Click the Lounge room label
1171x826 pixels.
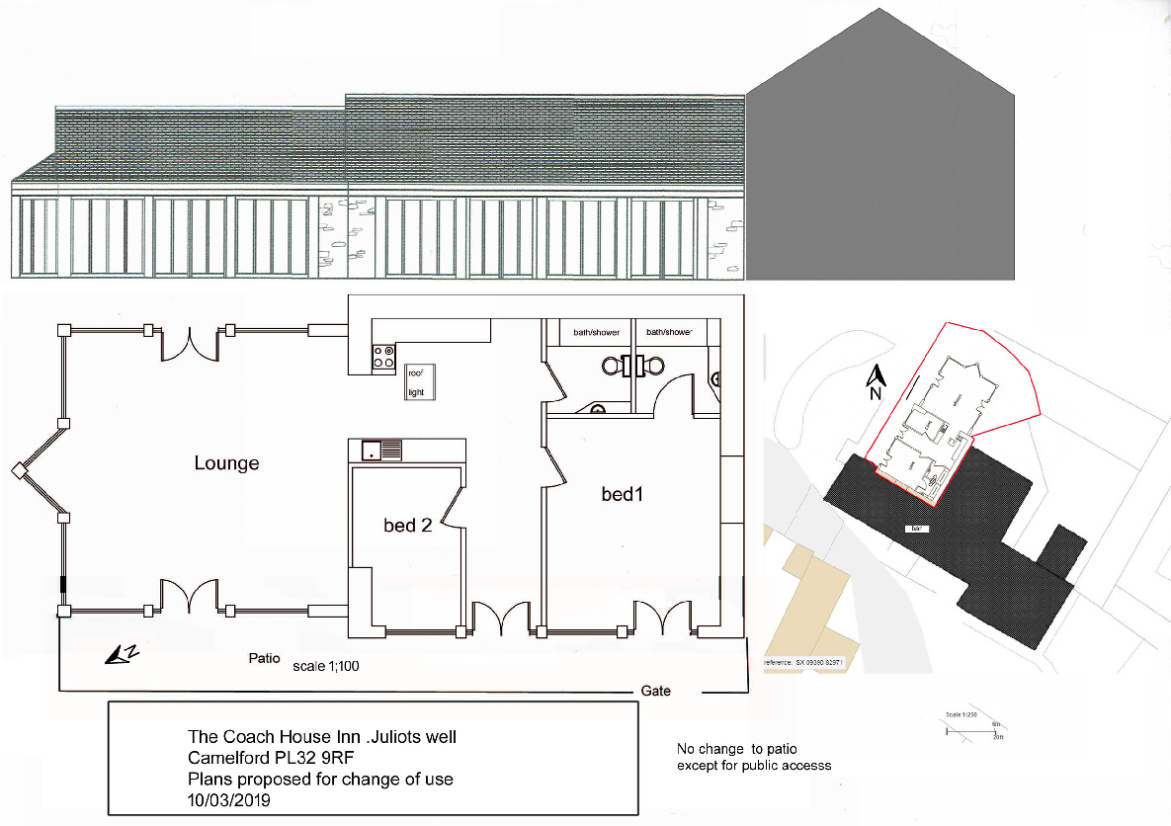pos(226,462)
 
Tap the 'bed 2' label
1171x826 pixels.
pos(407,526)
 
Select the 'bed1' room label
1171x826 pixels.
pos(623,493)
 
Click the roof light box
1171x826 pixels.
pos(416,382)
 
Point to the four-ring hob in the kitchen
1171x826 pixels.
pos(383,357)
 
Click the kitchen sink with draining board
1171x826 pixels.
pos(381,451)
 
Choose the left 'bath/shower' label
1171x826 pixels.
pos(596,333)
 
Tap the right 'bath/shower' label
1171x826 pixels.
pos(669,333)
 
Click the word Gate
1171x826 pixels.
pos(655,691)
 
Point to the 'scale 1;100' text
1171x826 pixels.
pos(326,666)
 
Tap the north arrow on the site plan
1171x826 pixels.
pos(875,380)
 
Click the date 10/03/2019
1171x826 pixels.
pos(229,797)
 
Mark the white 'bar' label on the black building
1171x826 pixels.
pos(918,530)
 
